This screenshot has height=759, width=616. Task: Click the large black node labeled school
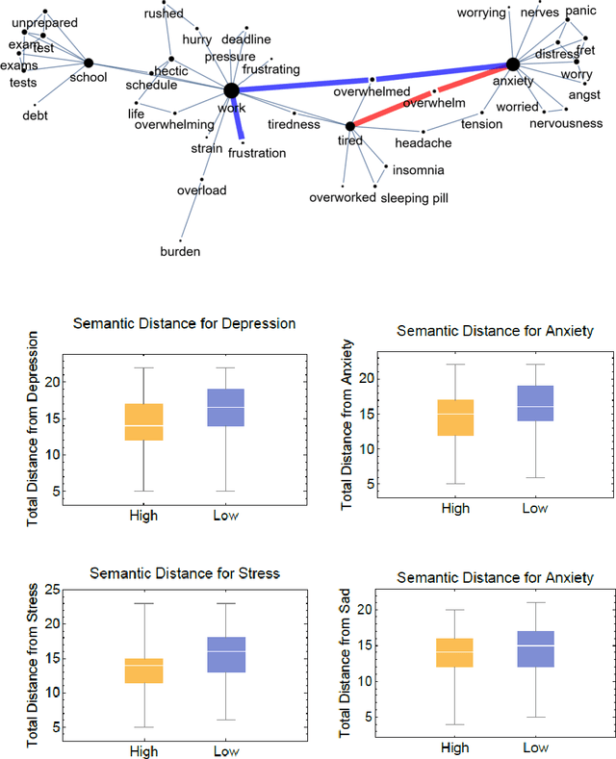point(89,63)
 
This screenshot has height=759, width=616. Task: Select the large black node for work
point(231,90)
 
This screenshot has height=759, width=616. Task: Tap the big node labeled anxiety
point(513,64)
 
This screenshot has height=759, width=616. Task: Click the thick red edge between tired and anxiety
point(433,94)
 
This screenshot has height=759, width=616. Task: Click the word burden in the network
point(180,252)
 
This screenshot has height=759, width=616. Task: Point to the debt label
point(35,116)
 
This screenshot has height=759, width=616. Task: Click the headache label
point(423,143)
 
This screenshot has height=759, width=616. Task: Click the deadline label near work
point(246,39)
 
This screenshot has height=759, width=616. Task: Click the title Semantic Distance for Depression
point(184,322)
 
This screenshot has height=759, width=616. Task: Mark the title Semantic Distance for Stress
point(184,573)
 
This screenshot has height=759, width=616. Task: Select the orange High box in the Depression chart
point(142,421)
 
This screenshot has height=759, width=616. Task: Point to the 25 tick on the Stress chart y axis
point(53,590)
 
